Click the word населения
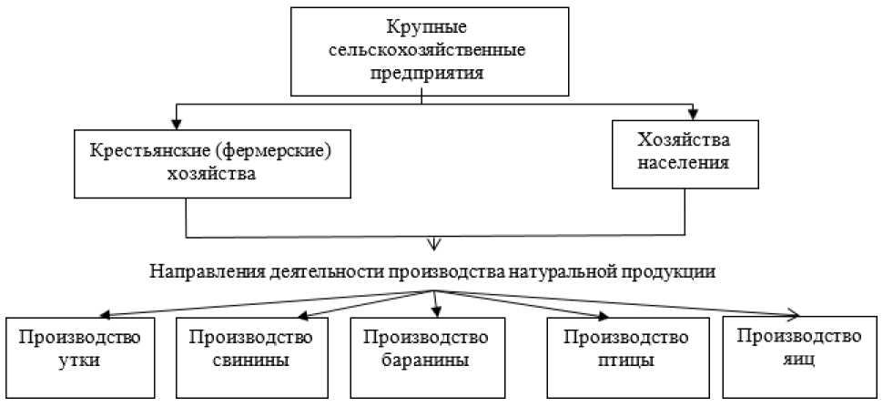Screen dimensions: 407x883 coord(684,166)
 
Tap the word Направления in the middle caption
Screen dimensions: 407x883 coord(203,271)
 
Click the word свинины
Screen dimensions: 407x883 coord(252,360)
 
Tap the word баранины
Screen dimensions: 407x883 coord(426,360)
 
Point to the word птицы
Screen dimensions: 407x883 coord(624,360)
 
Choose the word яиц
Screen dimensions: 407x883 coord(799,360)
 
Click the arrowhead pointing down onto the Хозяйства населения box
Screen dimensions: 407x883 coord(694,116)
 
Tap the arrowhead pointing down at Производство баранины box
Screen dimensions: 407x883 coord(437,311)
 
